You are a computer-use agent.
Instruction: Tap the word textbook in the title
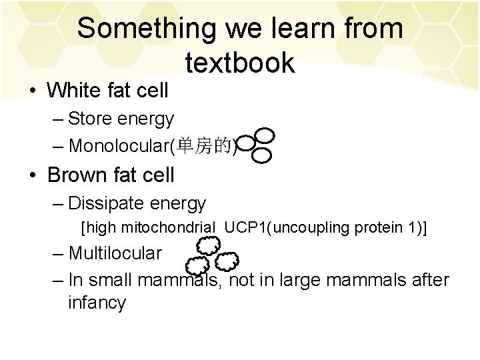point(240,63)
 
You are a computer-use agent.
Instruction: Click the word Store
point(91,119)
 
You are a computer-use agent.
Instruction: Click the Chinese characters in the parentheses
point(211,145)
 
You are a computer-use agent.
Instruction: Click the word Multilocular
point(115,253)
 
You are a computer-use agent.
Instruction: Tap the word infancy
point(97,303)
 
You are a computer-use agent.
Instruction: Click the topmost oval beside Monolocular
point(265,135)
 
